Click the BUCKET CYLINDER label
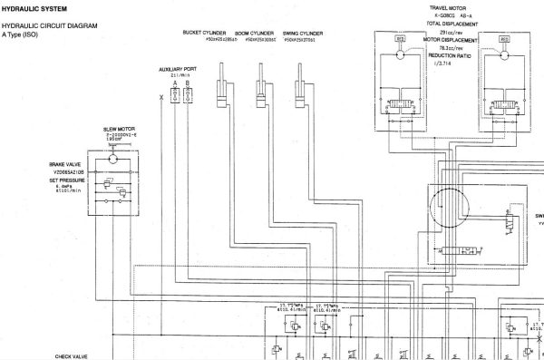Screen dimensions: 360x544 (204, 33)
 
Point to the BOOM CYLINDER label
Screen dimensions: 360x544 (257, 33)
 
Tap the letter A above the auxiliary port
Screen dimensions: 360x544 (175, 83)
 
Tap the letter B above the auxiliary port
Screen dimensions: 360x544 (188, 83)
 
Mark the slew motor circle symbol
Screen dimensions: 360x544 (112, 158)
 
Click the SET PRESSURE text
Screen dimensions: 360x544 (67, 180)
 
